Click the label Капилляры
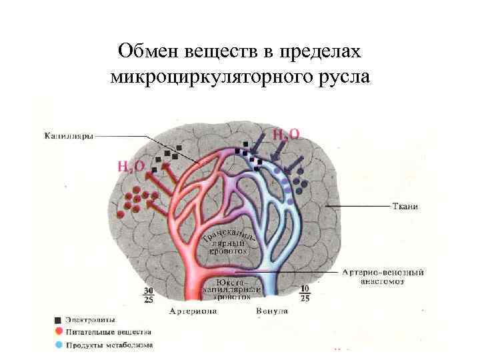click(68, 136)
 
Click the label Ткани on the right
click(405, 206)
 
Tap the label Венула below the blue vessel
click(272, 311)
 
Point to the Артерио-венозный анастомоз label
click(383, 277)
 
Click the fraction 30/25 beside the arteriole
click(149, 295)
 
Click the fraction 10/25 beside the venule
click(305, 294)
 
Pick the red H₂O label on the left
click(131, 166)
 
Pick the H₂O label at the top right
click(285, 135)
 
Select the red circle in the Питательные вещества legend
click(58, 332)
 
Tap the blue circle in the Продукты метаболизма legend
click(58, 345)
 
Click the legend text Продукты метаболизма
click(109, 345)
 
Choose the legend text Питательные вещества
click(109, 332)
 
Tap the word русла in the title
click(346, 76)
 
